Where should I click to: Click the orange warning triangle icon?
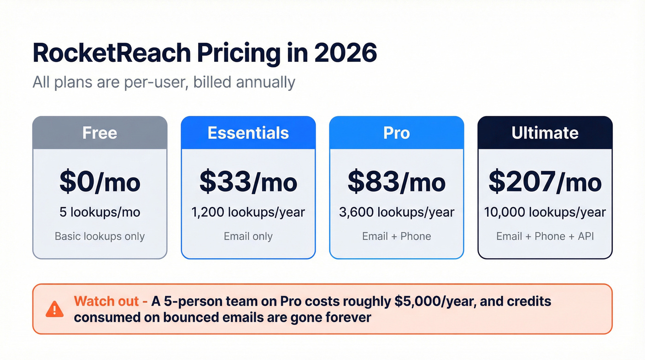(54, 309)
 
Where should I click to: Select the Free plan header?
(100, 133)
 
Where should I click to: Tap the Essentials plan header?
(248, 133)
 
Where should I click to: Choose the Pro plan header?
(396, 133)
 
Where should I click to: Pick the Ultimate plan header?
(545, 133)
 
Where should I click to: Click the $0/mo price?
(100, 182)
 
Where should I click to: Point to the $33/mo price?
(248, 182)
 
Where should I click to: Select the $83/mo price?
(396, 182)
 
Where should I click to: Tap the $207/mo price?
(545, 182)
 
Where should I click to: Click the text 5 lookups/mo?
(100, 212)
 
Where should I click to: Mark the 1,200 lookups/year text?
(248, 212)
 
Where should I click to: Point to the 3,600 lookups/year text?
(396, 212)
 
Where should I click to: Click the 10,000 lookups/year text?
(545, 212)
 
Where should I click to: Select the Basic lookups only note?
(100, 236)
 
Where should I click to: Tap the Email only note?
(248, 236)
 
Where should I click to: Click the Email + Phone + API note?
(545, 236)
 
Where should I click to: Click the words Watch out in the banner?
(107, 301)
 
